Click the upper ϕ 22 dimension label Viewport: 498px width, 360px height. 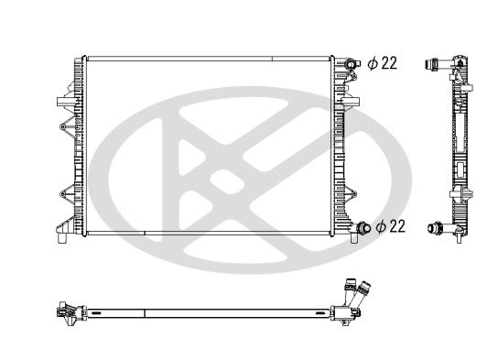382,63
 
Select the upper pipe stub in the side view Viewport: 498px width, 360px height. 431,63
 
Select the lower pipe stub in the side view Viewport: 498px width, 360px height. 433,225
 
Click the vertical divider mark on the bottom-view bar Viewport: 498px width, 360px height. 146,311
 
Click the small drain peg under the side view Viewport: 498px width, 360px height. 455,239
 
